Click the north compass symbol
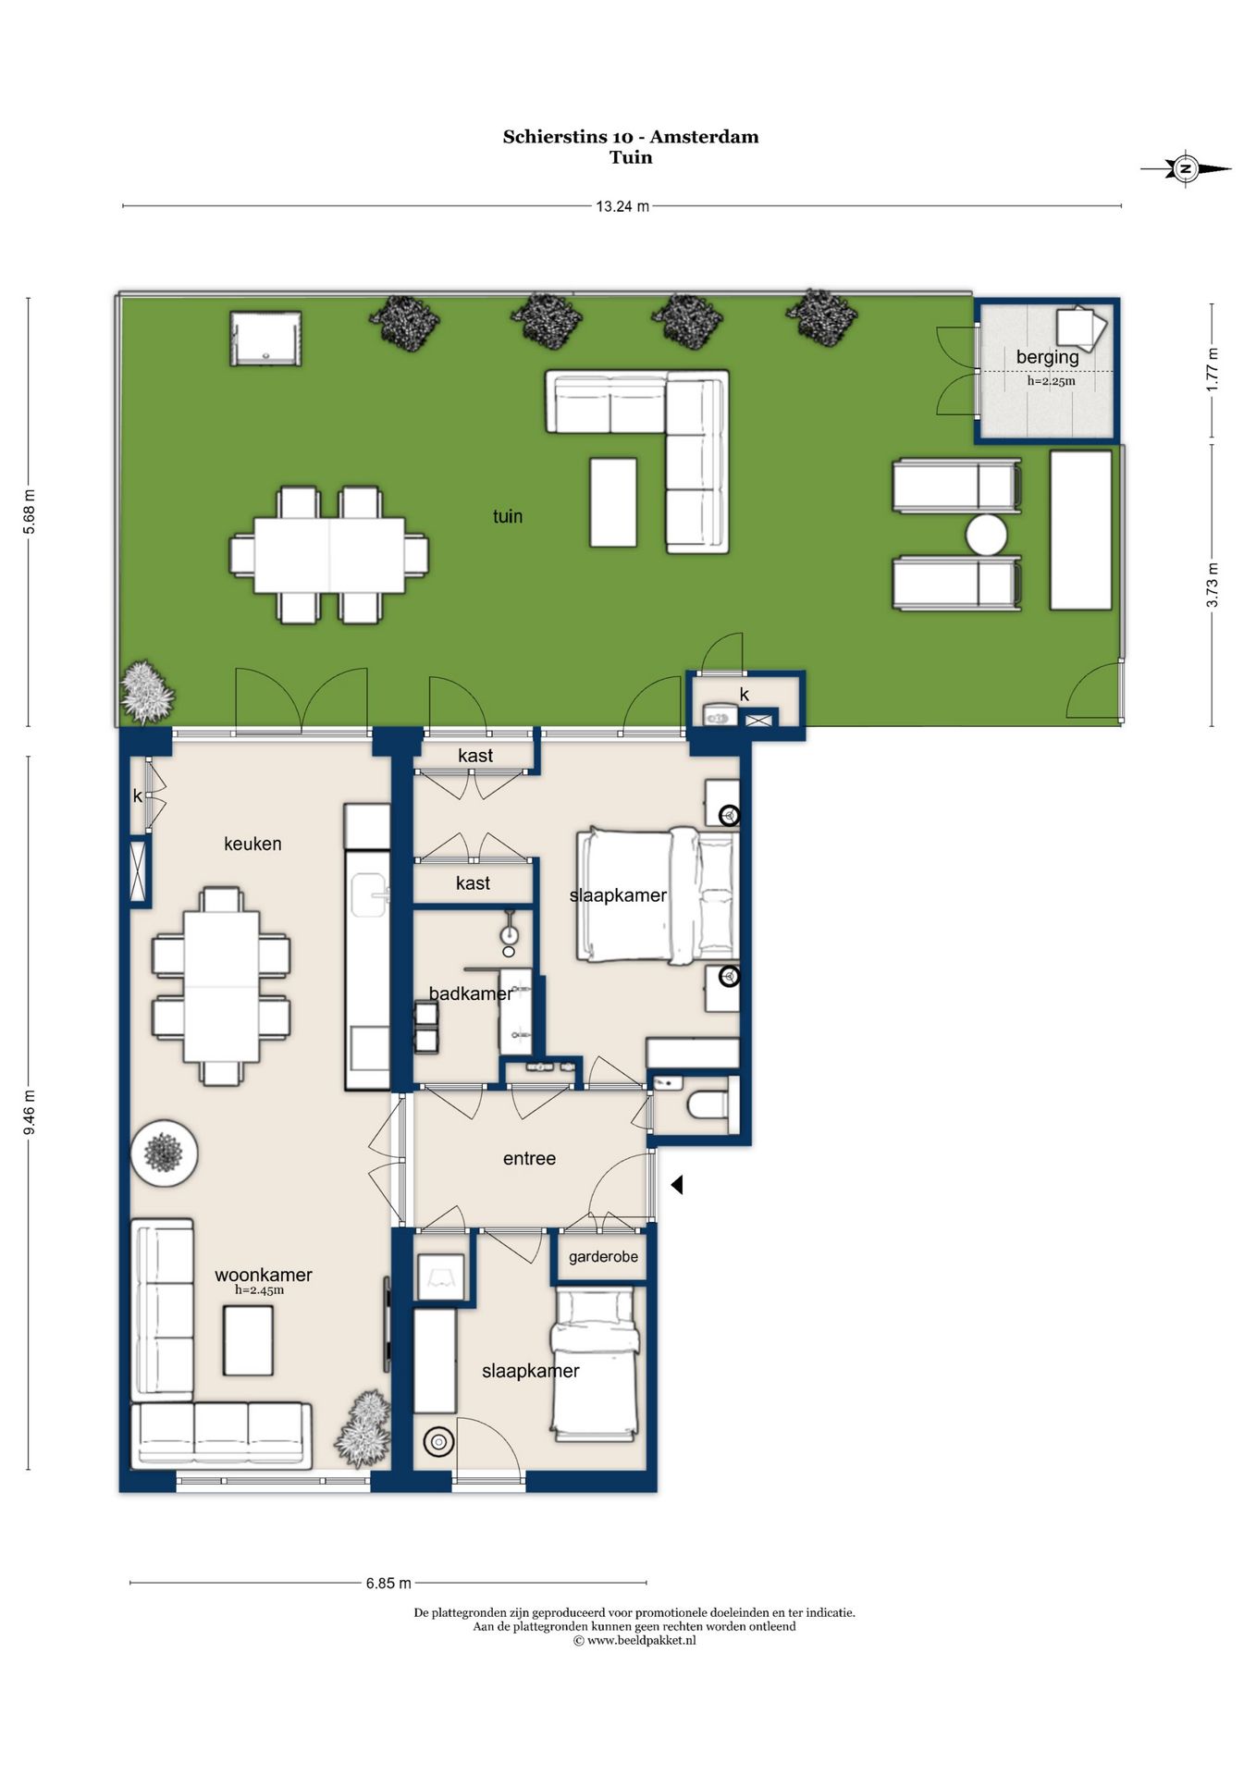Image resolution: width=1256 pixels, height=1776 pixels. click(x=1185, y=168)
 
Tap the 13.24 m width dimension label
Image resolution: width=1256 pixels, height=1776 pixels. click(x=622, y=206)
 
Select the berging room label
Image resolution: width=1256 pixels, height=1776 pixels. click(x=1047, y=357)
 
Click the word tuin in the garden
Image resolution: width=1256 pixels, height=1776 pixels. click(x=508, y=516)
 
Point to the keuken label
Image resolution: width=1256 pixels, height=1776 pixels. click(x=252, y=844)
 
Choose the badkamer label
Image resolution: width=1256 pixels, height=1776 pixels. click(x=470, y=993)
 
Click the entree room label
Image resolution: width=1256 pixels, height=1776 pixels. click(x=529, y=1158)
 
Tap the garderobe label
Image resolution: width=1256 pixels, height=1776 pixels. click(x=603, y=1256)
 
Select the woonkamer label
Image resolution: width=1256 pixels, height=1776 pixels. click(x=264, y=1275)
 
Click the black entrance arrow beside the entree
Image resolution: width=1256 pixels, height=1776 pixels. click(x=677, y=1184)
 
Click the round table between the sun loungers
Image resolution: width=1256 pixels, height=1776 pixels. click(x=986, y=535)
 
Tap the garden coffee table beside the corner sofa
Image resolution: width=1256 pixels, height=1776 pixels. click(x=613, y=502)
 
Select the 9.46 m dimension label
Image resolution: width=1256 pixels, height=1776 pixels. click(x=30, y=1113)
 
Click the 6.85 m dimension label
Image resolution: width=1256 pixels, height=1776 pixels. click(x=388, y=1583)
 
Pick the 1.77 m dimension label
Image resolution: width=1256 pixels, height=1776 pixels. click(x=1213, y=369)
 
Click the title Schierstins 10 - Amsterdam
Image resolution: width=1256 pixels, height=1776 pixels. click(x=631, y=137)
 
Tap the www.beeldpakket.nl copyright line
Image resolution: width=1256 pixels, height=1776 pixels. click(x=634, y=1640)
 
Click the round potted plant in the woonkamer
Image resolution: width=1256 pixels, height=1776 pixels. click(x=164, y=1153)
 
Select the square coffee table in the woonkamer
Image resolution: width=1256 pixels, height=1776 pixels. click(x=248, y=1340)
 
